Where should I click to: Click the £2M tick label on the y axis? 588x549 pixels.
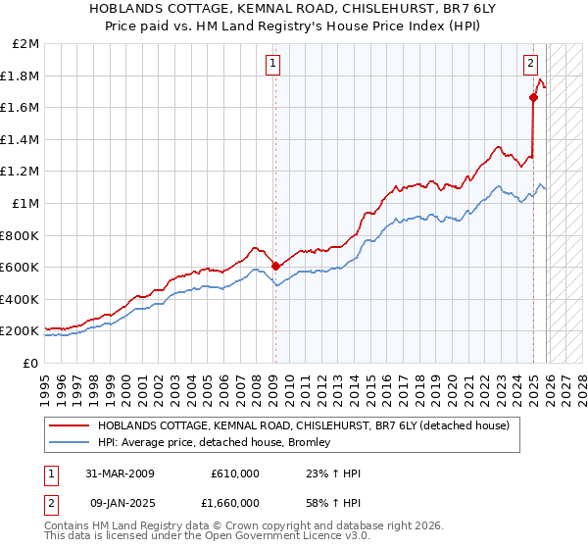click(26, 44)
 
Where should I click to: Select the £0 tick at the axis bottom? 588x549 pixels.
click(31, 363)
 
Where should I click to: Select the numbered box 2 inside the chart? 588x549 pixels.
click(530, 64)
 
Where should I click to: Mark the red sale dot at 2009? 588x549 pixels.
click(275, 266)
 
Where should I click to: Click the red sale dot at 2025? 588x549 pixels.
click(534, 97)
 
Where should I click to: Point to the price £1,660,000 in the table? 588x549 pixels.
click(234, 502)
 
